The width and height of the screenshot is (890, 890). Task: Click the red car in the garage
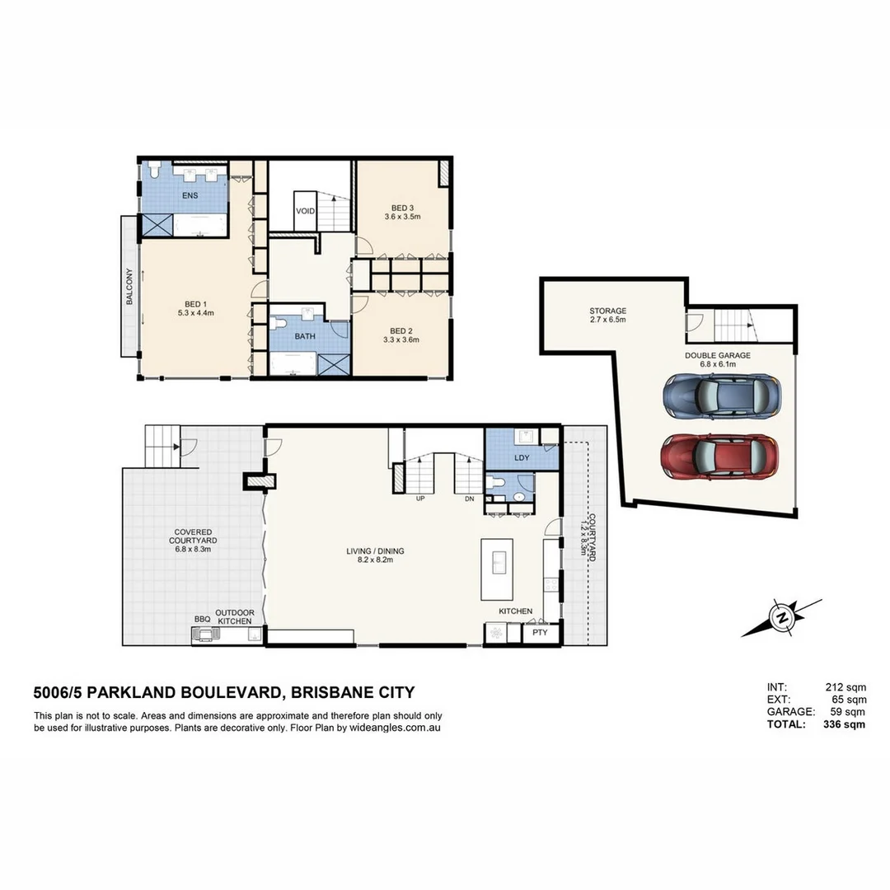point(719,456)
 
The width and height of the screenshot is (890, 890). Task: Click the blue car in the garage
point(719,396)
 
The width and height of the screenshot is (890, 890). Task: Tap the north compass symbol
point(780,616)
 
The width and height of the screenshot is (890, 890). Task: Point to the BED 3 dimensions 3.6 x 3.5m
point(402,218)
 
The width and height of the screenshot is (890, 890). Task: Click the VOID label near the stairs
point(305,212)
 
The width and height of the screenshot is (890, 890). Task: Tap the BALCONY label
point(129,288)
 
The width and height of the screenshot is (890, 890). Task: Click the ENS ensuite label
point(190,195)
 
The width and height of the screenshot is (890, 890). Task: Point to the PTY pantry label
point(540,633)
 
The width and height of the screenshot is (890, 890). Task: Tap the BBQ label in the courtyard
point(202,619)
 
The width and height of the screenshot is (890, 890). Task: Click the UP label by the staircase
point(420,499)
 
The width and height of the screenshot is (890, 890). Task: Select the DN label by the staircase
point(469,499)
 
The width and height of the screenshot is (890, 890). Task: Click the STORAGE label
point(607,311)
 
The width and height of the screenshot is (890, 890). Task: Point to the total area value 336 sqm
point(844,725)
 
